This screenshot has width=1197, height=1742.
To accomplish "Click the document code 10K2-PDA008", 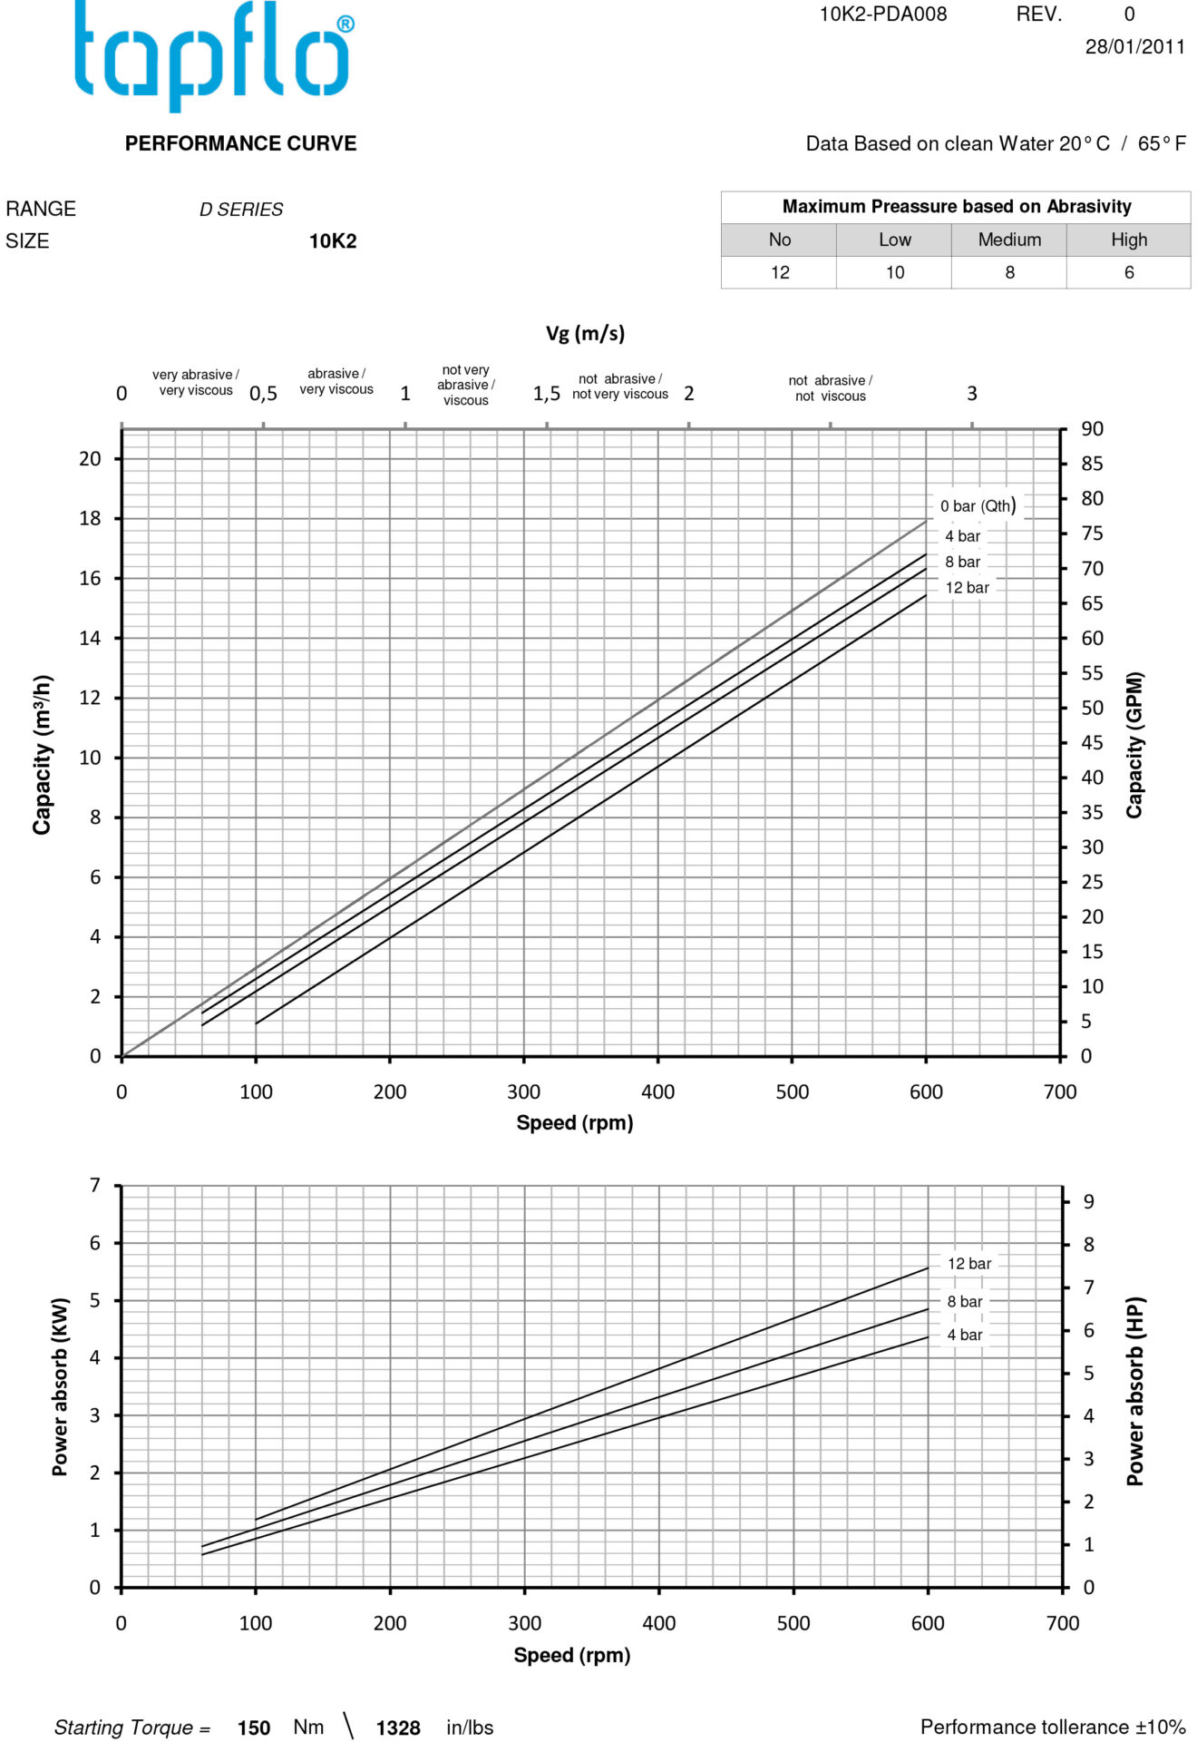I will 882,15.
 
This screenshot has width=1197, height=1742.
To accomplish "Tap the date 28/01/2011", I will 1134,47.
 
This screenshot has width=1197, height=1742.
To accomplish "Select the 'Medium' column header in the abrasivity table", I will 1008,240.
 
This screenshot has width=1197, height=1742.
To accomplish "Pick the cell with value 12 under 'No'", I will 779,272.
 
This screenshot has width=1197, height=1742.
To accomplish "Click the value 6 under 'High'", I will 1128,272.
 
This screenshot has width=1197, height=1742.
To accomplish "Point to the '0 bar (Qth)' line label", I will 977,506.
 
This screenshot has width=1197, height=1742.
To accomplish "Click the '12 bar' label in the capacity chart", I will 967,588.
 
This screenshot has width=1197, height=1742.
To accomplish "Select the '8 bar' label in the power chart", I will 964,1301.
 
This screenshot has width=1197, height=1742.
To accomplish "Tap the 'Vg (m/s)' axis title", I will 585,333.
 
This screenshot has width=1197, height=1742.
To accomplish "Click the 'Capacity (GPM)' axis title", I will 1134,745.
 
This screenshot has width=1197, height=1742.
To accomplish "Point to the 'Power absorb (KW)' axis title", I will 60,1386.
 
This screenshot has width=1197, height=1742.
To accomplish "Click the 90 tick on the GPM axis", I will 1092,428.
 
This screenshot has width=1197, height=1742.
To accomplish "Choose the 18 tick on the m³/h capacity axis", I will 90,518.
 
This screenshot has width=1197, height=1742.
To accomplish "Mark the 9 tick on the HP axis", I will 1088,1201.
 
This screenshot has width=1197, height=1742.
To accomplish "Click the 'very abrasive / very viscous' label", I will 196,382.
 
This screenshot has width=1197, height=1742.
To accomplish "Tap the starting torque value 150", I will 253,1727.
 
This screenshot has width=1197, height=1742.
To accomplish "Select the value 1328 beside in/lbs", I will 397,1727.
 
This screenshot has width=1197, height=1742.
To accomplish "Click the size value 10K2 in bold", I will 333,241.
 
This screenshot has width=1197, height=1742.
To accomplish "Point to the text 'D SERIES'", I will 241,210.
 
